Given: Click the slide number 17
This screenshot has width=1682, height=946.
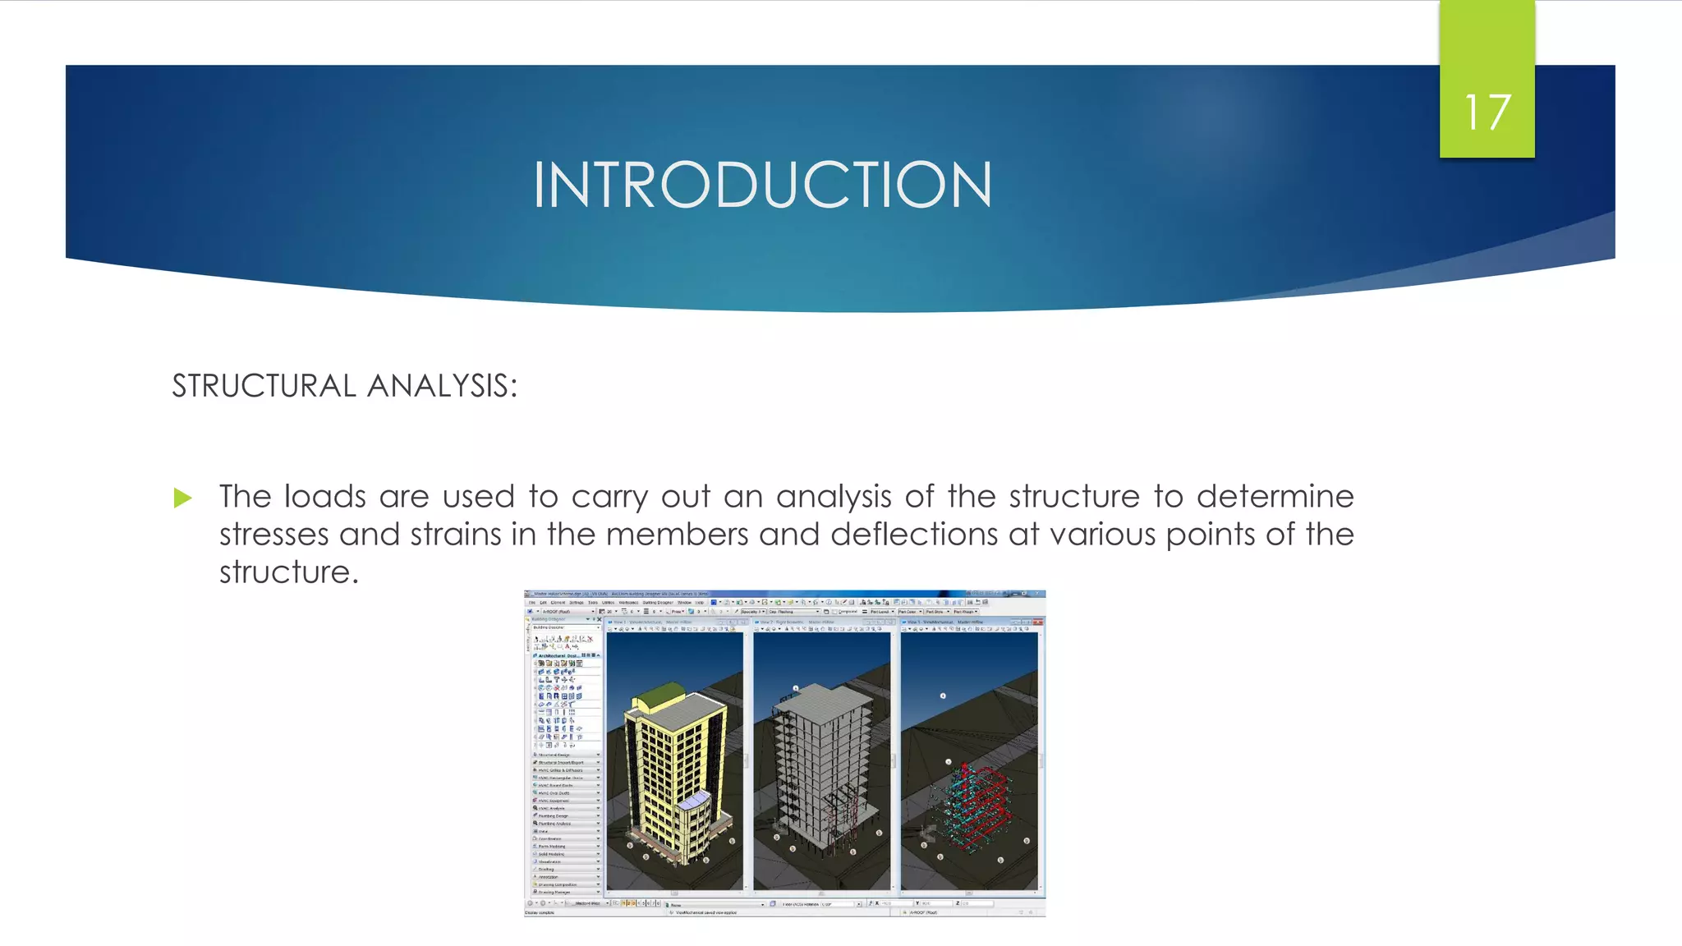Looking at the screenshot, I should (1487, 113).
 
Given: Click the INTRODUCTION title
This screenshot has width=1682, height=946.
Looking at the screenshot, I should (762, 185).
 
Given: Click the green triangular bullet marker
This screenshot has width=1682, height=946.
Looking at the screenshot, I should (182, 498).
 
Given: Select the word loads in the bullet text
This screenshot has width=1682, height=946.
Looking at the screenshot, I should (324, 497).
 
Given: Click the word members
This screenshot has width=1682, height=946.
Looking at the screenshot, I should (677, 535).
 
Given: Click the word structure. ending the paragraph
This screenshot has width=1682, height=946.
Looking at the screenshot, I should (288, 572).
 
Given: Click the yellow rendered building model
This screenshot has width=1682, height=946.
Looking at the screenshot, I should (669, 772).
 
